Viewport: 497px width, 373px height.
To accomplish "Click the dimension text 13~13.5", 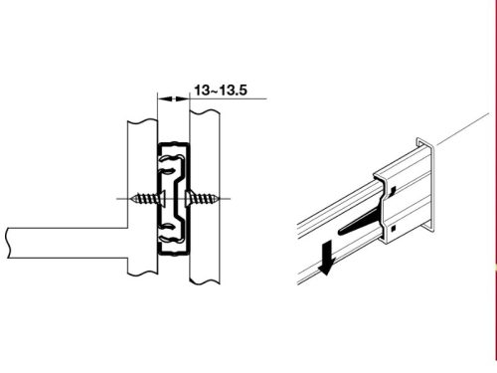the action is [x=221, y=91].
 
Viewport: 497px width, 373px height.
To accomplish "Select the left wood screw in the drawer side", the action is [x=148, y=199].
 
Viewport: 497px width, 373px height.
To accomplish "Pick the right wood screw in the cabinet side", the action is [x=203, y=199].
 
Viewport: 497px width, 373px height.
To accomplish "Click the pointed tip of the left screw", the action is [x=131, y=199].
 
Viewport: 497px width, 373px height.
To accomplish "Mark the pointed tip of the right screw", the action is [x=220, y=199].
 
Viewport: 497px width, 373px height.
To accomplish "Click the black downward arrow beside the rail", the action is [x=326, y=258].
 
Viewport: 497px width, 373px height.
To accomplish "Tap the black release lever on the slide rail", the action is [x=360, y=222].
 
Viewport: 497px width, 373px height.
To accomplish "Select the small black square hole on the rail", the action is [x=394, y=228].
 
